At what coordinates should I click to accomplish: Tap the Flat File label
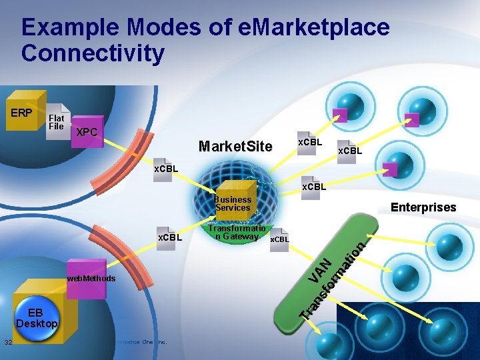pos(56,122)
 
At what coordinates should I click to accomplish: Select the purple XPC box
pos(87,132)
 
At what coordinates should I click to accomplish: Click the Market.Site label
pos(235,146)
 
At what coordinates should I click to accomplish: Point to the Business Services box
pos(233,203)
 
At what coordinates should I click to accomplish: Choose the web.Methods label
pos(91,278)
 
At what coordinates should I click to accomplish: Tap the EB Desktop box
pos(37,318)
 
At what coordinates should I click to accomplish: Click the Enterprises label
pos(423,207)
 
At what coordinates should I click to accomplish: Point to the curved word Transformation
pos(333,280)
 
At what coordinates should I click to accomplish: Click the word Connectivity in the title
pos(93,53)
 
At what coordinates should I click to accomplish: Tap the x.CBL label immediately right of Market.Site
pos(309,143)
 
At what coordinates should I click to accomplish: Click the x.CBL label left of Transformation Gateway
pos(169,237)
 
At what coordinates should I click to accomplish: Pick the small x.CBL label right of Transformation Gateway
pos(280,239)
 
